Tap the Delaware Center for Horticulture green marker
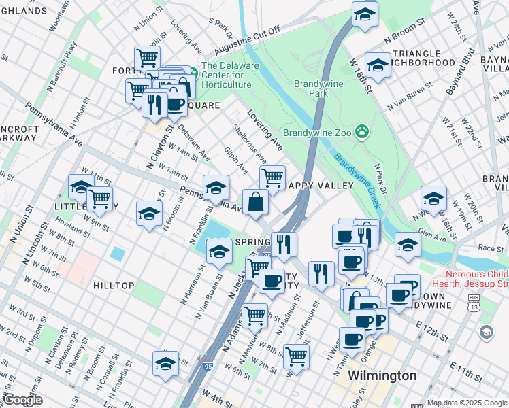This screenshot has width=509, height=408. click(x=193, y=71)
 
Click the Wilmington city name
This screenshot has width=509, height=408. click(x=382, y=375)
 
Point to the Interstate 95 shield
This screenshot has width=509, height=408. click(x=207, y=367)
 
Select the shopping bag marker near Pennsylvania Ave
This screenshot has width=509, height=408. click(x=255, y=202)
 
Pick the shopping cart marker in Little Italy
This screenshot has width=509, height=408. click(x=99, y=199)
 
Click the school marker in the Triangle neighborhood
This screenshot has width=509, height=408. click(x=378, y=65)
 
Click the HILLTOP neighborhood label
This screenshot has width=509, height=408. click(x=113, y=286)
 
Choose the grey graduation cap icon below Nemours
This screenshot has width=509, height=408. click(x=486, y=332)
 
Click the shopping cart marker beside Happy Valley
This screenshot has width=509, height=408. click(x=272, y=177)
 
